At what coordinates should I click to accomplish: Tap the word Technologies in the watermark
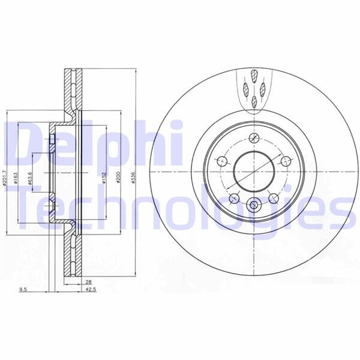coord(180,207)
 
